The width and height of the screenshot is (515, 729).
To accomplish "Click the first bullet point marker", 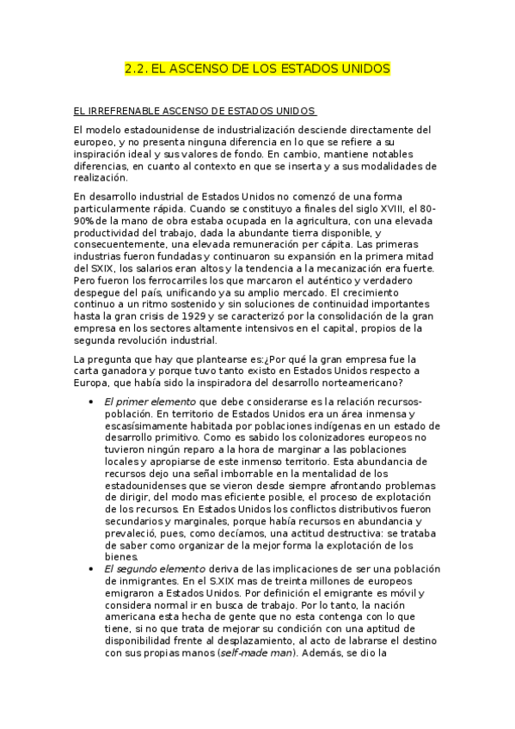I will (x=92, y=401).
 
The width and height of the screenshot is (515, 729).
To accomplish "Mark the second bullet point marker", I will (x=92, y=569).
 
